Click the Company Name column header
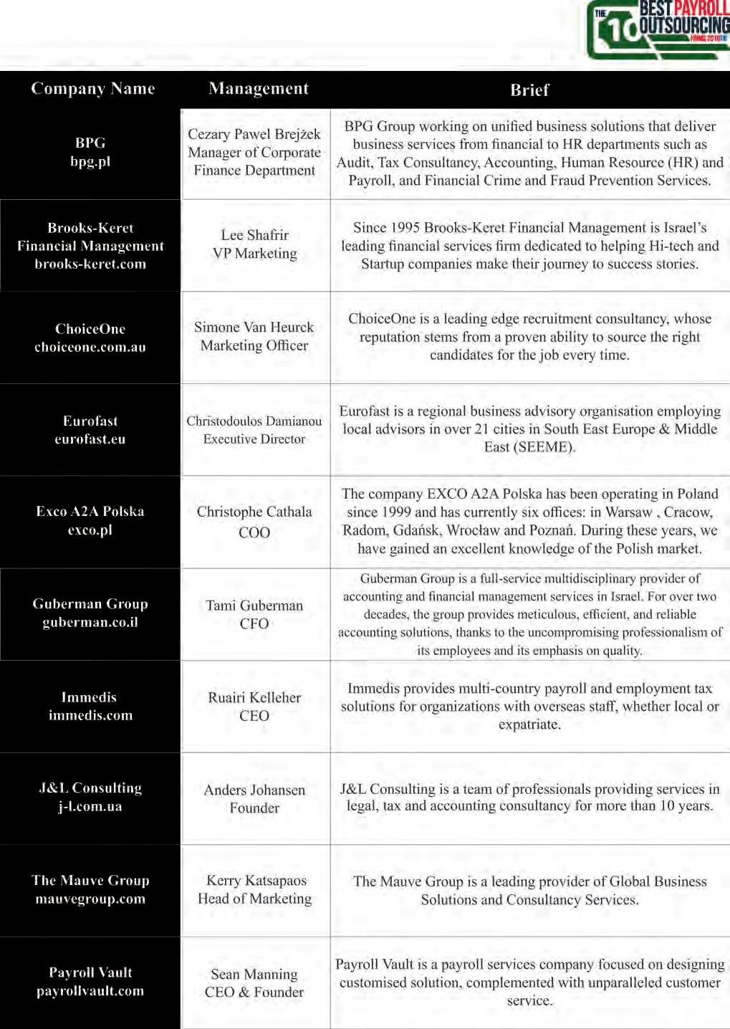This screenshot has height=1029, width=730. [x=93, y=89]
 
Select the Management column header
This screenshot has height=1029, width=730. [x=259, y=89]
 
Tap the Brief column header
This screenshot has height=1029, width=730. [x=529, y=90]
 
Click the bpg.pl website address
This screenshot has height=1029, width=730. [x=90, y=162]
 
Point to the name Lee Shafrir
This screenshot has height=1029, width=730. [x=254, y=235]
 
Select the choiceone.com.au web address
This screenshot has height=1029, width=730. [x=90, y=348]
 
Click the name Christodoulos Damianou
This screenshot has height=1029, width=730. [x=254, y=421]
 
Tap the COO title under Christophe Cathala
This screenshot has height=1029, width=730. [x=254, y=532]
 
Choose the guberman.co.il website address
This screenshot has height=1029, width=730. [x=90, y=622]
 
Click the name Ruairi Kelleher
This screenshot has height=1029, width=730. [x=254, y=697]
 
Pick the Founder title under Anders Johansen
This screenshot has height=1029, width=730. [x=254, y=808]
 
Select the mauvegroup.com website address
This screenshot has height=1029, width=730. [x=90, y=899]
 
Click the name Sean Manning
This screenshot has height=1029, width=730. [x=254, y=974]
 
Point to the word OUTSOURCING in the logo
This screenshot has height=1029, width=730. [x=684, y=26]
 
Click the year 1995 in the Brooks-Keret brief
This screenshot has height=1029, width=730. [x=405, y=228]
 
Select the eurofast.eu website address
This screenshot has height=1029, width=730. [x=90, y=439]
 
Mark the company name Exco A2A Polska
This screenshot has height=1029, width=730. [x=90, y=512]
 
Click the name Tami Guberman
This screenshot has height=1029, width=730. [x=254, y=606]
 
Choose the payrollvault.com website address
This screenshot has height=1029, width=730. [x=90, y=991]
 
